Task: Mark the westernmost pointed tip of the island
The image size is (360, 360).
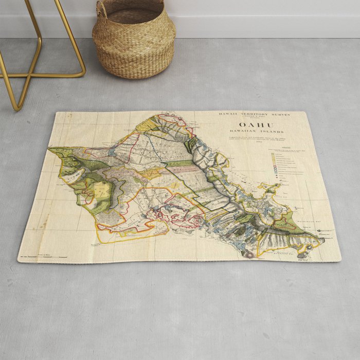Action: (x=49, y=150)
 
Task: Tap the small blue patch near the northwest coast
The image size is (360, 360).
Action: (x=112, y=152)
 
